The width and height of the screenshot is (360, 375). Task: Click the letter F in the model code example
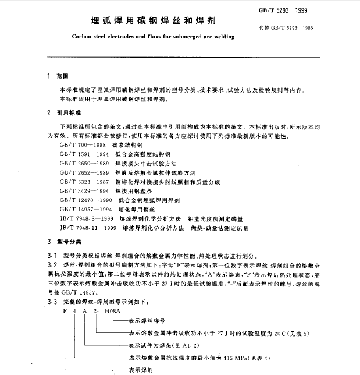[65, 312]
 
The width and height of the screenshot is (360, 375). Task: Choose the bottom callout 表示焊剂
[137, 369]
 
